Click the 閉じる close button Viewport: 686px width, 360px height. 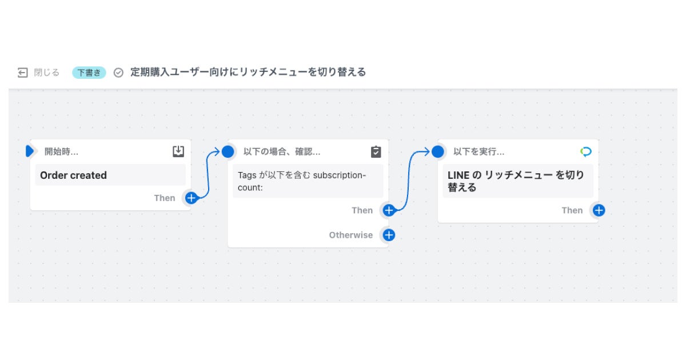(38, 73)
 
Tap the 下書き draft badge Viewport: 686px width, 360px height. (89, 73)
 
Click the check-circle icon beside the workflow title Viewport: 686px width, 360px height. (118, 73)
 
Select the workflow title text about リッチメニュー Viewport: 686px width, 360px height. (248, 72)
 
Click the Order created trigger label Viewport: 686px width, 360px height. (73, 175)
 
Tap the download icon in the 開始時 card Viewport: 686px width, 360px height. (178, 151)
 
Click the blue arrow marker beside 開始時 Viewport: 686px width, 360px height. (30, 151)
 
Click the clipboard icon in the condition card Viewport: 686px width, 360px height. (376, 151)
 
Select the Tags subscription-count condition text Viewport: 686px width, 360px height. (302, 181)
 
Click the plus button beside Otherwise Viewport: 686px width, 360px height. (389, 235)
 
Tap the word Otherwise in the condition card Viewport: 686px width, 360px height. (350, 235)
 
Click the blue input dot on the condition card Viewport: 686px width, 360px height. (228, 151)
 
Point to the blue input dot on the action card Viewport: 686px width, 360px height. (438, 151)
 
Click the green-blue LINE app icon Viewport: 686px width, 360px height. (586, 151)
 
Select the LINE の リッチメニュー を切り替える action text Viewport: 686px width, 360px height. (516, 181)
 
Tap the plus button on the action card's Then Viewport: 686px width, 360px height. (599, 210)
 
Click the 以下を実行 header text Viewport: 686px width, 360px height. (478, 152)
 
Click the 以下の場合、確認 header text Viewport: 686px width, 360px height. (281, 152)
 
